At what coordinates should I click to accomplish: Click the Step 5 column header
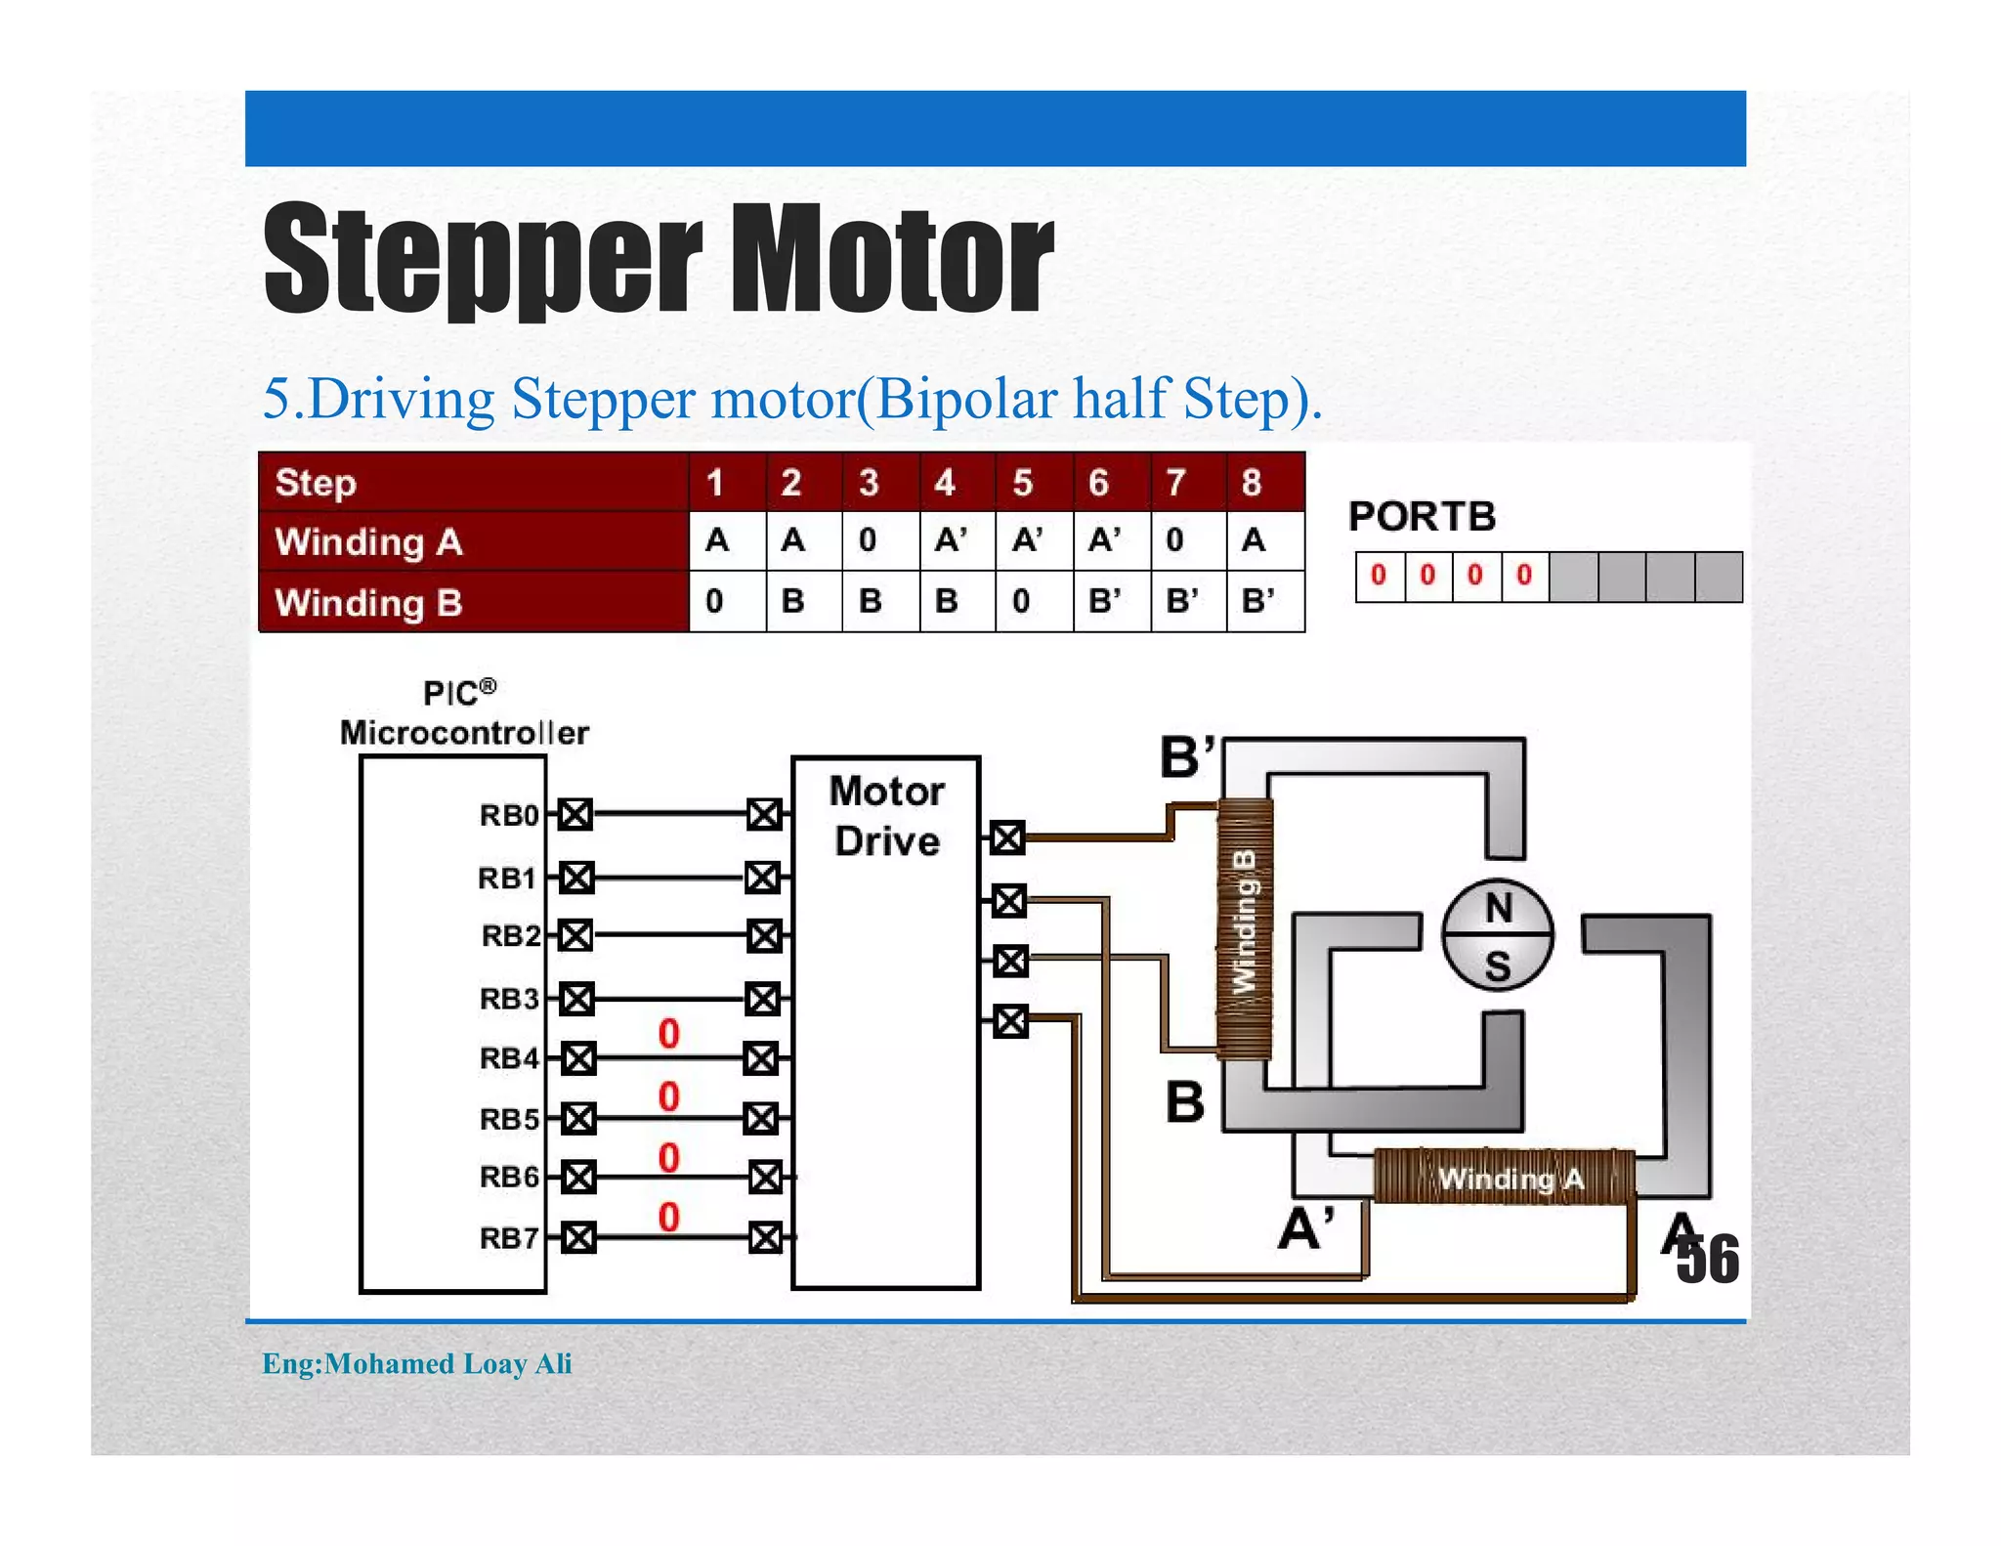pyautogui.click(x=1022, y=483)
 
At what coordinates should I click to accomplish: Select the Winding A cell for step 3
pyautogui.click(x=869, y=540)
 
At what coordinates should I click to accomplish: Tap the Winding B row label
pyautogui.click(x=368, y=603)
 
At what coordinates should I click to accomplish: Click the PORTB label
pyautogui.click(x=1422, y=516)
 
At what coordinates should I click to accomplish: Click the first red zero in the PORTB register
pyautogui.click(x=1379, y=576)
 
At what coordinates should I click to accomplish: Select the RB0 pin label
pyautogui.click(x=508, y=815)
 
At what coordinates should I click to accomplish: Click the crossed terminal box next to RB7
pyautogui.click(x=578, y=1238)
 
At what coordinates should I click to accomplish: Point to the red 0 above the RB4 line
pyautogui.click(x=668, y=1034)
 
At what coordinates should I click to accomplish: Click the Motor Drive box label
pyautogui.click(x=887, y=816)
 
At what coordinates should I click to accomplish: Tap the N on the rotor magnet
pyautogui.click(x=1498, y=909)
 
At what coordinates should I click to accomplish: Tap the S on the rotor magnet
pyautogui.click(x=1498, y=966)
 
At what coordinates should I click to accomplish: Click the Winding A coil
pyautogui.click(x=1505, y=1178)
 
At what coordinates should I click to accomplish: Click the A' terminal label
pyautogui.click(x=1306, y=1228)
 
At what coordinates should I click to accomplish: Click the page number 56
pyautogui.click(x=1708, y=1260)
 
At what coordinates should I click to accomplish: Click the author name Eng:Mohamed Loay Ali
pyautogui.click(x=417, y=1363)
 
